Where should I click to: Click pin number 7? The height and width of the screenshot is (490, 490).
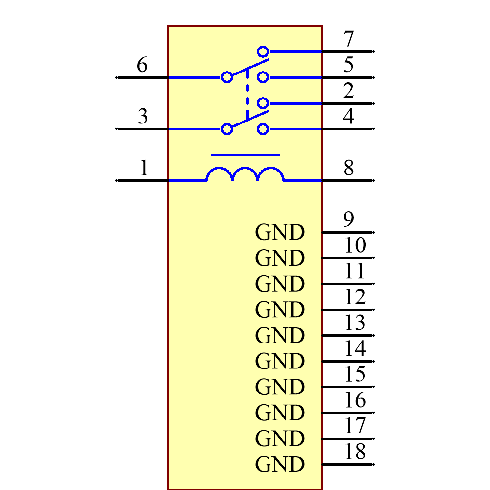pos(348,39)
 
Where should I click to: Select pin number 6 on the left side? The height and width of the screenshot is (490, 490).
pos(142,65)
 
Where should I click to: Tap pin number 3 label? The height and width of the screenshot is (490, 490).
pos(142,117)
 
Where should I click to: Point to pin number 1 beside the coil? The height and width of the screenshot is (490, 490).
pos(144,168)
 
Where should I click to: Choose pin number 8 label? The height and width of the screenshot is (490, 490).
pos(348,168)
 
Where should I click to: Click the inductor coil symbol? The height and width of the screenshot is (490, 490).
pos(245,175)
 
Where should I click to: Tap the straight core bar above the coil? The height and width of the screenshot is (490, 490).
pos(245,155)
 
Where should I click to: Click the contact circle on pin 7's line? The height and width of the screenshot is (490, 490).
pos(263,51)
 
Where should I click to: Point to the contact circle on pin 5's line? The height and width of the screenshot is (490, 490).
pos(263,77)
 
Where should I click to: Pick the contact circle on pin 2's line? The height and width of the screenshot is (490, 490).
pos(263,103)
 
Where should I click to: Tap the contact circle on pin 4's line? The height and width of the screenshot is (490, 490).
pos(263,129)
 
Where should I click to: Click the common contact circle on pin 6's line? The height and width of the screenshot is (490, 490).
pos(227,77)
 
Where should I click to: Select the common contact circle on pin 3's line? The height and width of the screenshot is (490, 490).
pos(227,129)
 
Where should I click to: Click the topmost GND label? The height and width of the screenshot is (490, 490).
pos(280,233)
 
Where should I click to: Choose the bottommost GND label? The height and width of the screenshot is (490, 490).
pos(280,464)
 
